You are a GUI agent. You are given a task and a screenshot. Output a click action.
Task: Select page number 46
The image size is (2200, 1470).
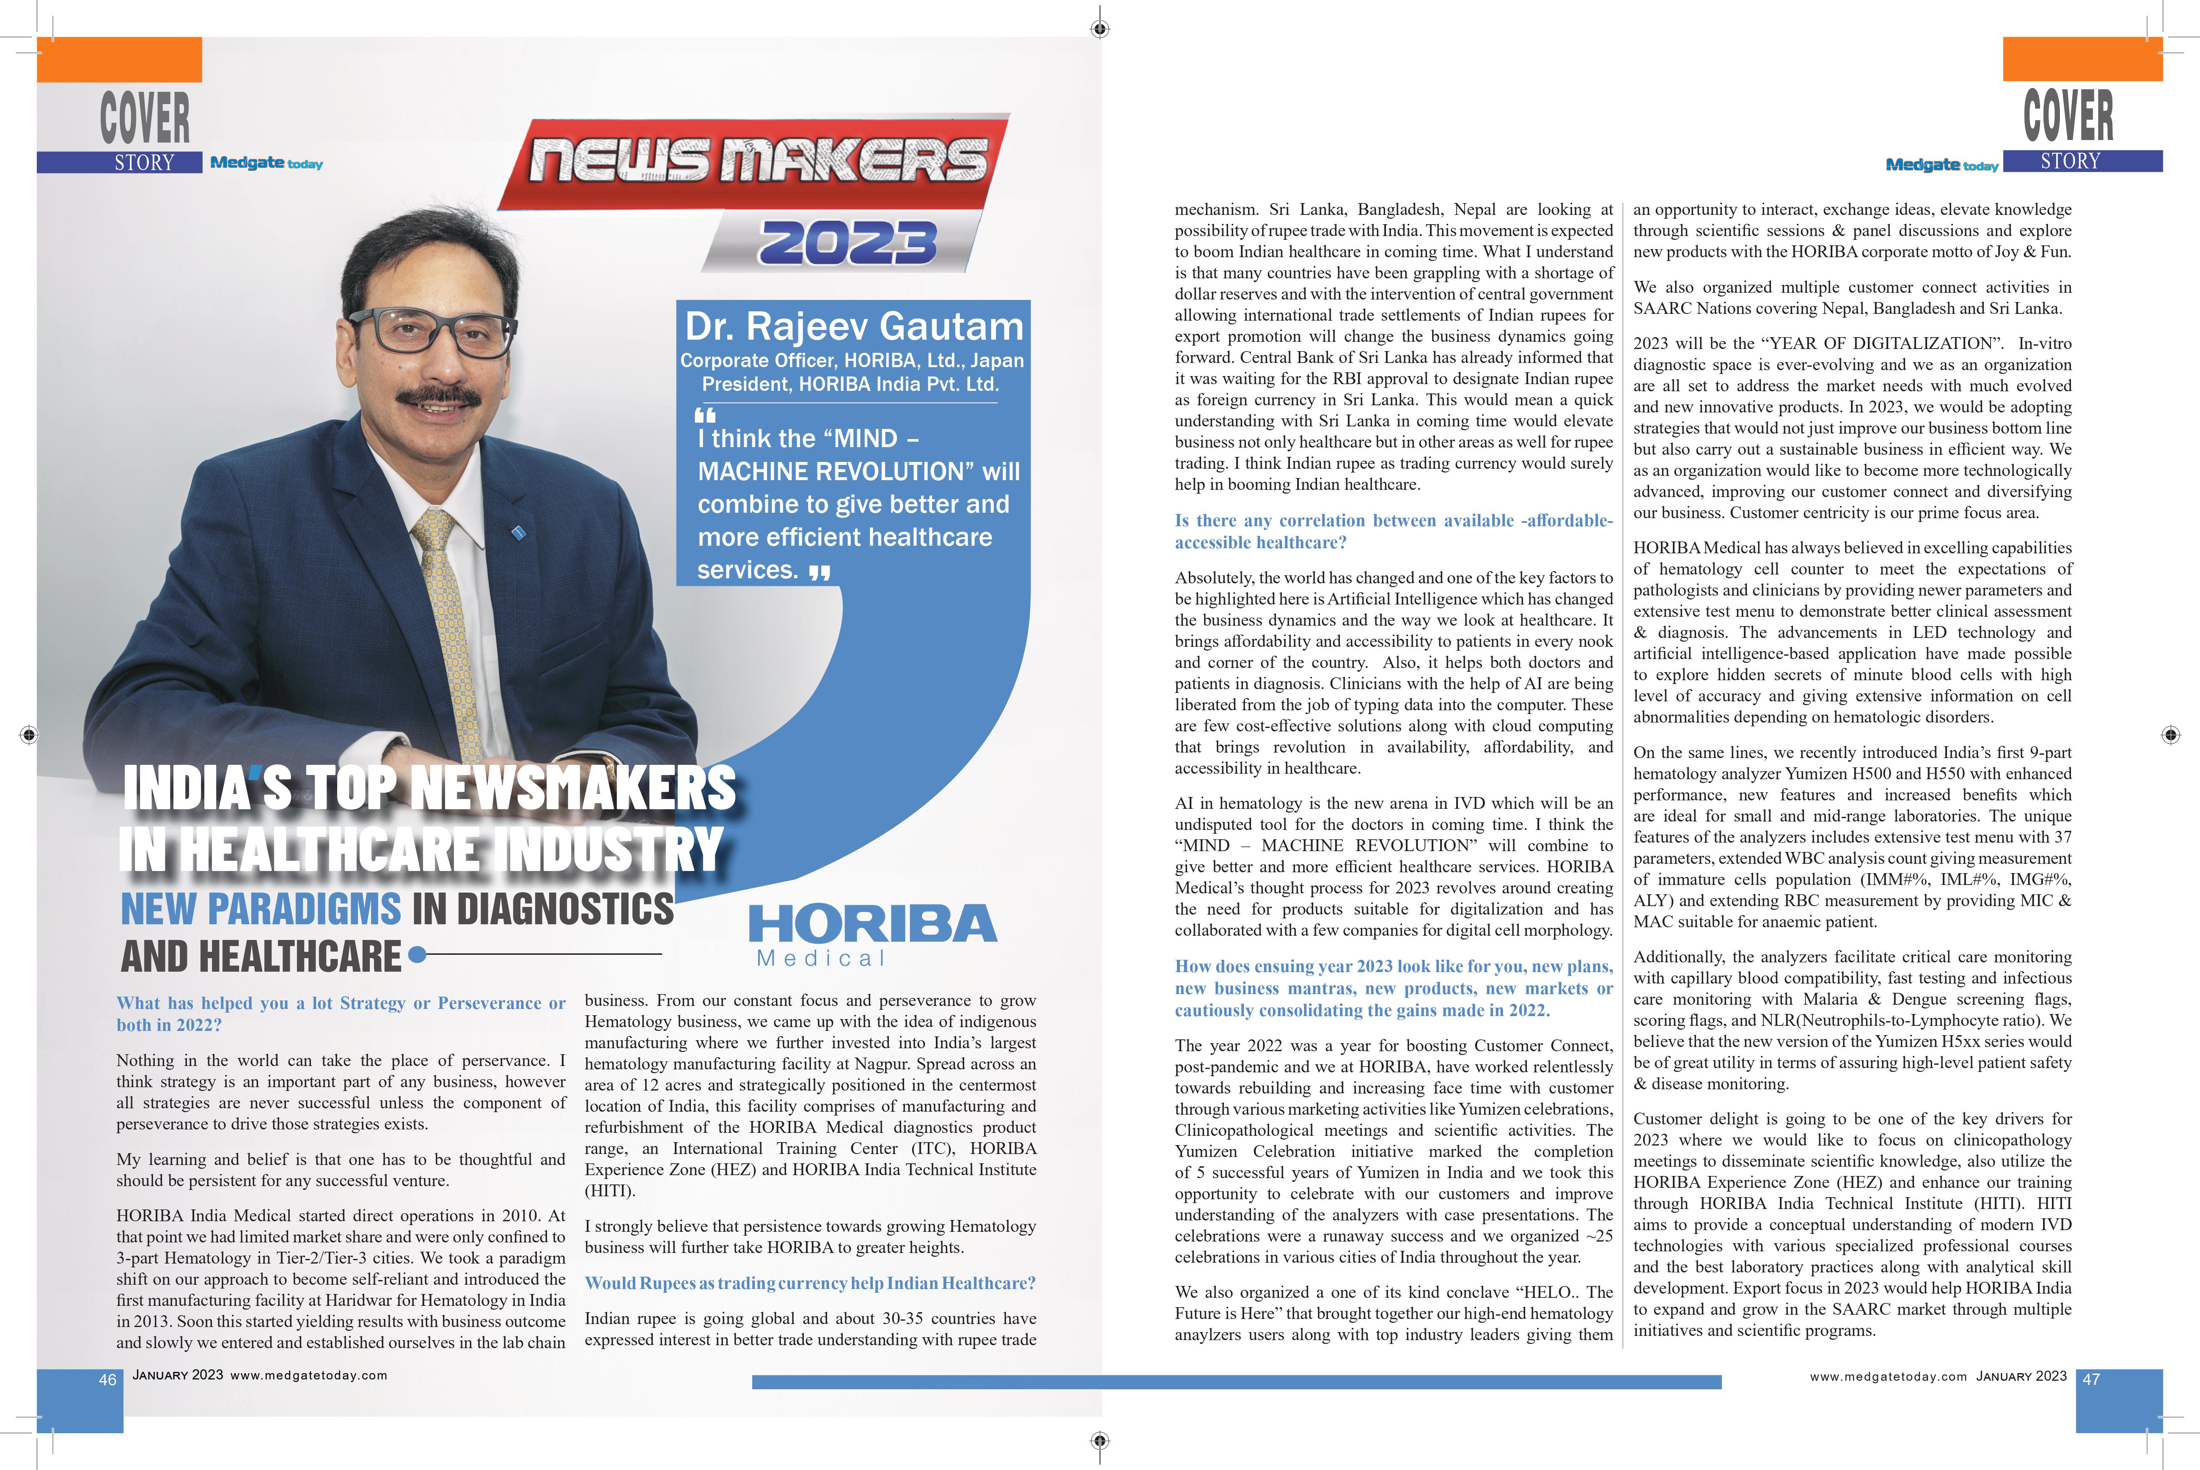108,1379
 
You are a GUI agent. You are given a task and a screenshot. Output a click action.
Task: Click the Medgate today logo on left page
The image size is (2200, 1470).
266,163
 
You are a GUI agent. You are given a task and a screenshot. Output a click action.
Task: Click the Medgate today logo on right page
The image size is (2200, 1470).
1941,165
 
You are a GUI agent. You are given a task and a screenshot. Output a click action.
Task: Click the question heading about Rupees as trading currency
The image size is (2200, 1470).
810,1283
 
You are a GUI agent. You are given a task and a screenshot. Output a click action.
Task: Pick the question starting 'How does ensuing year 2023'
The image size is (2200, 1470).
1393,988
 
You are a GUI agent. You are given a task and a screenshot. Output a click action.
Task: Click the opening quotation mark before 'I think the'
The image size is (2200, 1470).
705,415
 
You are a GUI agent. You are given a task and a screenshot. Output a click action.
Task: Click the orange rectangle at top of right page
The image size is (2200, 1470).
2082,59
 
